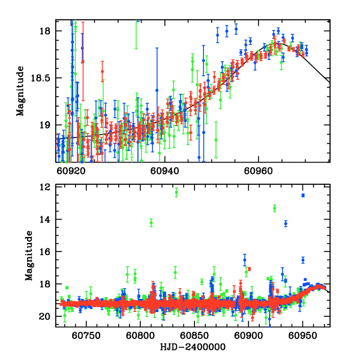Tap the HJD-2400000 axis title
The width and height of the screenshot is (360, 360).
click(x=194, y=347)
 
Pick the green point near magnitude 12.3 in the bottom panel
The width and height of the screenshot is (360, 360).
click(x=176, y=193)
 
